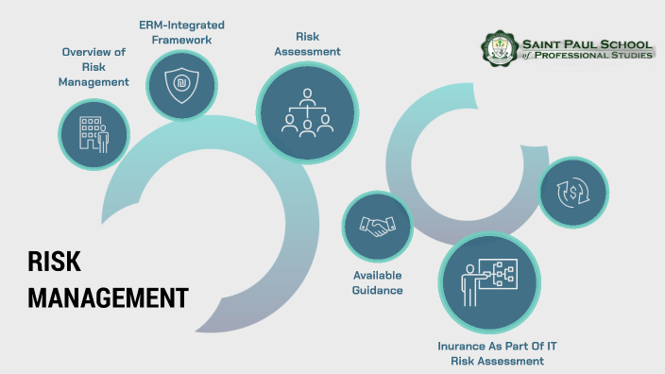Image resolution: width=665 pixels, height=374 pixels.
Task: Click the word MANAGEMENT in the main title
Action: [108, 297]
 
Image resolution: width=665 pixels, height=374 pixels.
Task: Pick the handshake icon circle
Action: [378, 227]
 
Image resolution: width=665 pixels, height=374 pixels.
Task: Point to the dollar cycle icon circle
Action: [572, 192]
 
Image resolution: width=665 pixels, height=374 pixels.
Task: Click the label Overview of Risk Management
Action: [94, 67]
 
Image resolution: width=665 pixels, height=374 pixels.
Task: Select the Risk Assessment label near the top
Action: [307, 44]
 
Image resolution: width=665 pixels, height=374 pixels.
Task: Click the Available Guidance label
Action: [378, 282]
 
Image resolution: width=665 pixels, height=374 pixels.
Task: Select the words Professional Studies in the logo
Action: [596, 57]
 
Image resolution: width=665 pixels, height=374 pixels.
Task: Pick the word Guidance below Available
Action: [378, 290]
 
